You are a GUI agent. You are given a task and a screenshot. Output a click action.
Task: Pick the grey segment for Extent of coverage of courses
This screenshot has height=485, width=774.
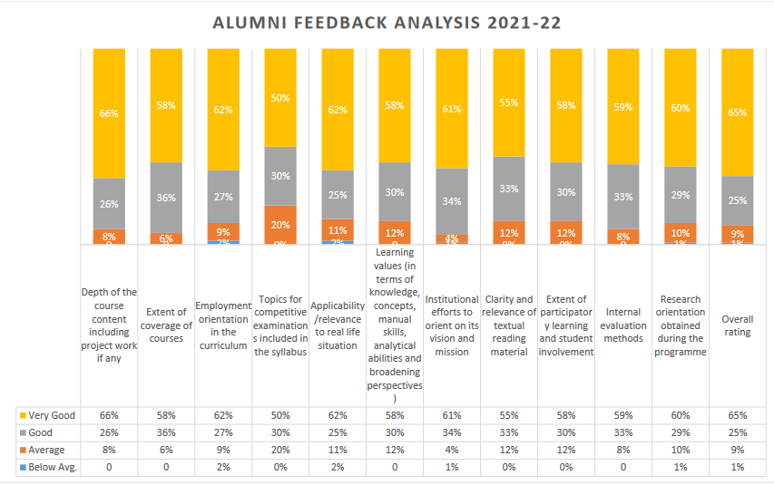(166, 198)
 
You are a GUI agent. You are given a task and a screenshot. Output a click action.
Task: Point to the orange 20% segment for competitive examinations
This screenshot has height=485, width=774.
(280, 224)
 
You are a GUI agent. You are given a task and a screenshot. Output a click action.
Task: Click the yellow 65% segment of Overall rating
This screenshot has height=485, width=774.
(737, 112)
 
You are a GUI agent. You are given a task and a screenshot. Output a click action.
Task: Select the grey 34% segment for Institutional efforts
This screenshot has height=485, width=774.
(452, 201)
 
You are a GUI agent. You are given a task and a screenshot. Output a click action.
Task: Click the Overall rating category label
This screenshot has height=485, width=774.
(737, 325)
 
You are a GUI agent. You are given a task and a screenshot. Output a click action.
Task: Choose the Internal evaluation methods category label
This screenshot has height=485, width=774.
(622, 325)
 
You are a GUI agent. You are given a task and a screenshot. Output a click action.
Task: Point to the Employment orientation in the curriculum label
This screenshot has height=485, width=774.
(223, 325)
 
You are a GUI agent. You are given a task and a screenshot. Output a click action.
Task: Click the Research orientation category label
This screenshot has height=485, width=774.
(680, 325)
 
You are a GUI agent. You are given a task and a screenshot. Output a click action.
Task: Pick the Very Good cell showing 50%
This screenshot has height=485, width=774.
(280, 415)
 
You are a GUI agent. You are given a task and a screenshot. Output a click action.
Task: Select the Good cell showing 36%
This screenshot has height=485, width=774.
(166, 432)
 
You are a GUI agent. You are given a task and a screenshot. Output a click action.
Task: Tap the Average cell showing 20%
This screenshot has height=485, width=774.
(280, 450)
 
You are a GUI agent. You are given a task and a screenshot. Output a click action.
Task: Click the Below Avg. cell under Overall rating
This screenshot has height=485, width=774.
(737, 467)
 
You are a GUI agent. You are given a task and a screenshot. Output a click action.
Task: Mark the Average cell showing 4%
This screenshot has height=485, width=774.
(452, 450)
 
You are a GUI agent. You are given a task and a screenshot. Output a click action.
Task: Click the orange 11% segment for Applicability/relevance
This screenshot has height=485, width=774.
(338, 229)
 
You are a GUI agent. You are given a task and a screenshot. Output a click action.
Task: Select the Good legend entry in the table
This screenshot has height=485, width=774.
(42, 432)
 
